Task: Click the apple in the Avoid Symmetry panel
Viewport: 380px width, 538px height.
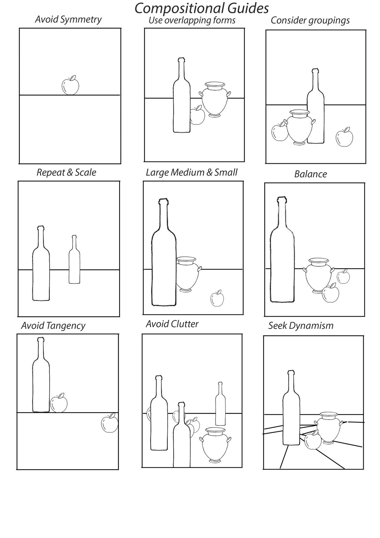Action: [70, 85]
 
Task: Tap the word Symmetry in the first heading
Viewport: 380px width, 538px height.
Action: [81, 20]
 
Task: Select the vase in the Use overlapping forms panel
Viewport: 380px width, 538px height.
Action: [215, 100]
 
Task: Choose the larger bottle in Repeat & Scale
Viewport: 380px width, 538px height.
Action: [41, 263]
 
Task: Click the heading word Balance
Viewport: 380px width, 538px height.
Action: [310, 174]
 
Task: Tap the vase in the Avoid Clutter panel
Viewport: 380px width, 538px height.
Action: [215, 445]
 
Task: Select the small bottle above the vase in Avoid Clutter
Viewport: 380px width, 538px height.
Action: [220, 404]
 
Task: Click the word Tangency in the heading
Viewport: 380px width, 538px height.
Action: [66, 326]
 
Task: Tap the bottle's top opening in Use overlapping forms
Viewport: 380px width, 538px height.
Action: [181, 59]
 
